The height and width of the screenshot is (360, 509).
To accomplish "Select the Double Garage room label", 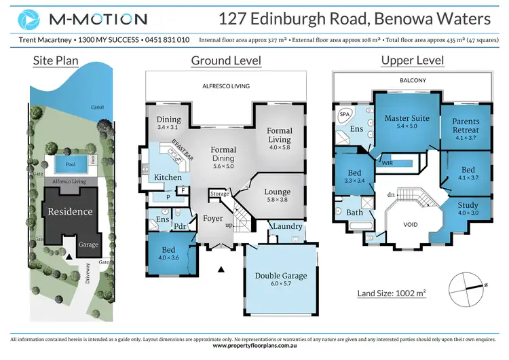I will [281, 276].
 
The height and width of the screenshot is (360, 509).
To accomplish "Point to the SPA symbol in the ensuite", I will [344, 115].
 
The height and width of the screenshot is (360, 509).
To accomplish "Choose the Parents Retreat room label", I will [466, 126].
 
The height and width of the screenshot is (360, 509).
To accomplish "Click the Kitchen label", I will [168, 177].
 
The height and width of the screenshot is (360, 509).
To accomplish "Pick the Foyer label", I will [212, 219].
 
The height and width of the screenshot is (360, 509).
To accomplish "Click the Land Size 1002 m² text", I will [392, 293].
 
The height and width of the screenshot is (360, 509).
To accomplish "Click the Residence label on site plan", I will [69, 211].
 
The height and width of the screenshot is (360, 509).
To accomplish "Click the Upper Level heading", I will [412, 60].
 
